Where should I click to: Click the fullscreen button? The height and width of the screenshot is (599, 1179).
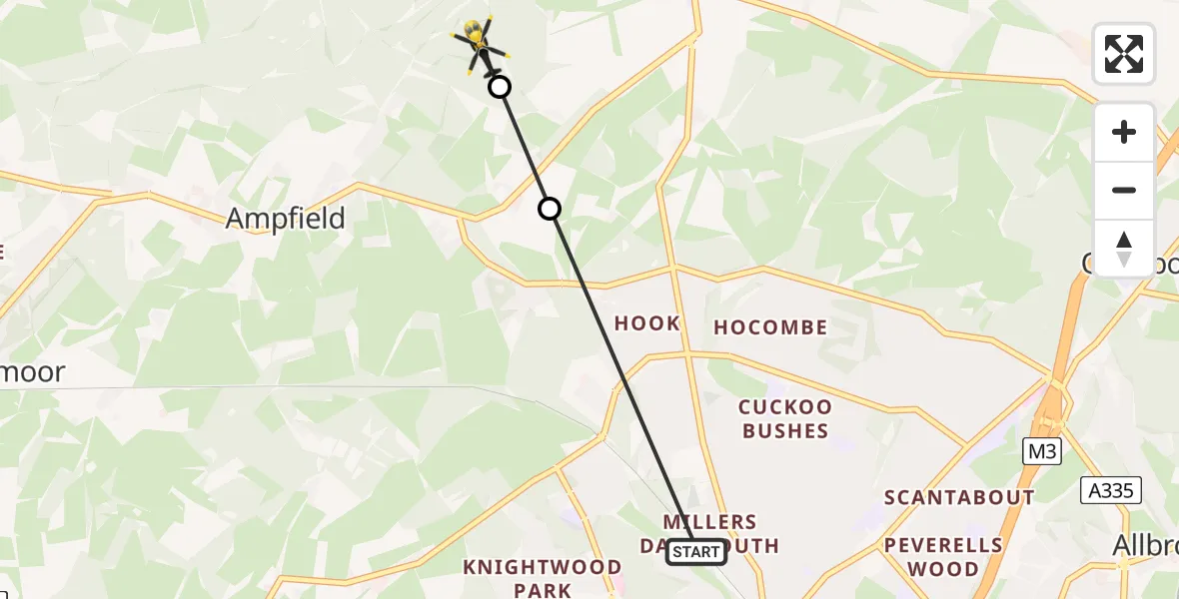pos(1124,54)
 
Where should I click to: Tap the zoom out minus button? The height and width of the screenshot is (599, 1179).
pos(1124,190)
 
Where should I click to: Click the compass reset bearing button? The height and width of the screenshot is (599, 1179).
pos(1124,248)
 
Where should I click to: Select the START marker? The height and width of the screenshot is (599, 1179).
pos(696,551)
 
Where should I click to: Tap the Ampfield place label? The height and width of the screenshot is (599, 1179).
pos(286,219)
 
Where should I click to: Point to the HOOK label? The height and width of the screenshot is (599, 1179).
pos(647,323)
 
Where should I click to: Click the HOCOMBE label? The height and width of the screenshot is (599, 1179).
pos(770,327)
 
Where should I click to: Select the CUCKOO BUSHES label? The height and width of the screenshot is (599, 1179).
pos(784,419)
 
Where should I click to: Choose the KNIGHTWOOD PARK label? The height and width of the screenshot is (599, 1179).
pos(543,578)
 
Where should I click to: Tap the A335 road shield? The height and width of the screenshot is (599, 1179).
pos(1111,489)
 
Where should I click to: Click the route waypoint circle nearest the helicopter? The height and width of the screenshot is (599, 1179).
pos(500,87)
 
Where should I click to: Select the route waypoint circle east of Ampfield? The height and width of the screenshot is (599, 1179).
pos(550,209)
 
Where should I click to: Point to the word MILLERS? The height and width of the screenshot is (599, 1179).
pos(710,522)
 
